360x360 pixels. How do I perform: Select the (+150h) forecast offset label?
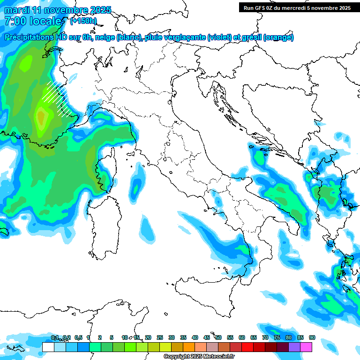tap(83, 21)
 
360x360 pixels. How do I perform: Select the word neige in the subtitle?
tap(105, 37)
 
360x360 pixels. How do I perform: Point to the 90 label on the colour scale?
tap(312, 337)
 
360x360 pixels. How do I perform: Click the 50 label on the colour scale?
tap(218, 337)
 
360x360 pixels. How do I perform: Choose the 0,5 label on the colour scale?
tap(78, 337)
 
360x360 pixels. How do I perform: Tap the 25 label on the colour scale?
tap(159, 337)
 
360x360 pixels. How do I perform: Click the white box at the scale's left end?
tap(48, 347)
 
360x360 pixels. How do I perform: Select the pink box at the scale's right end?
tap(306, 347)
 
